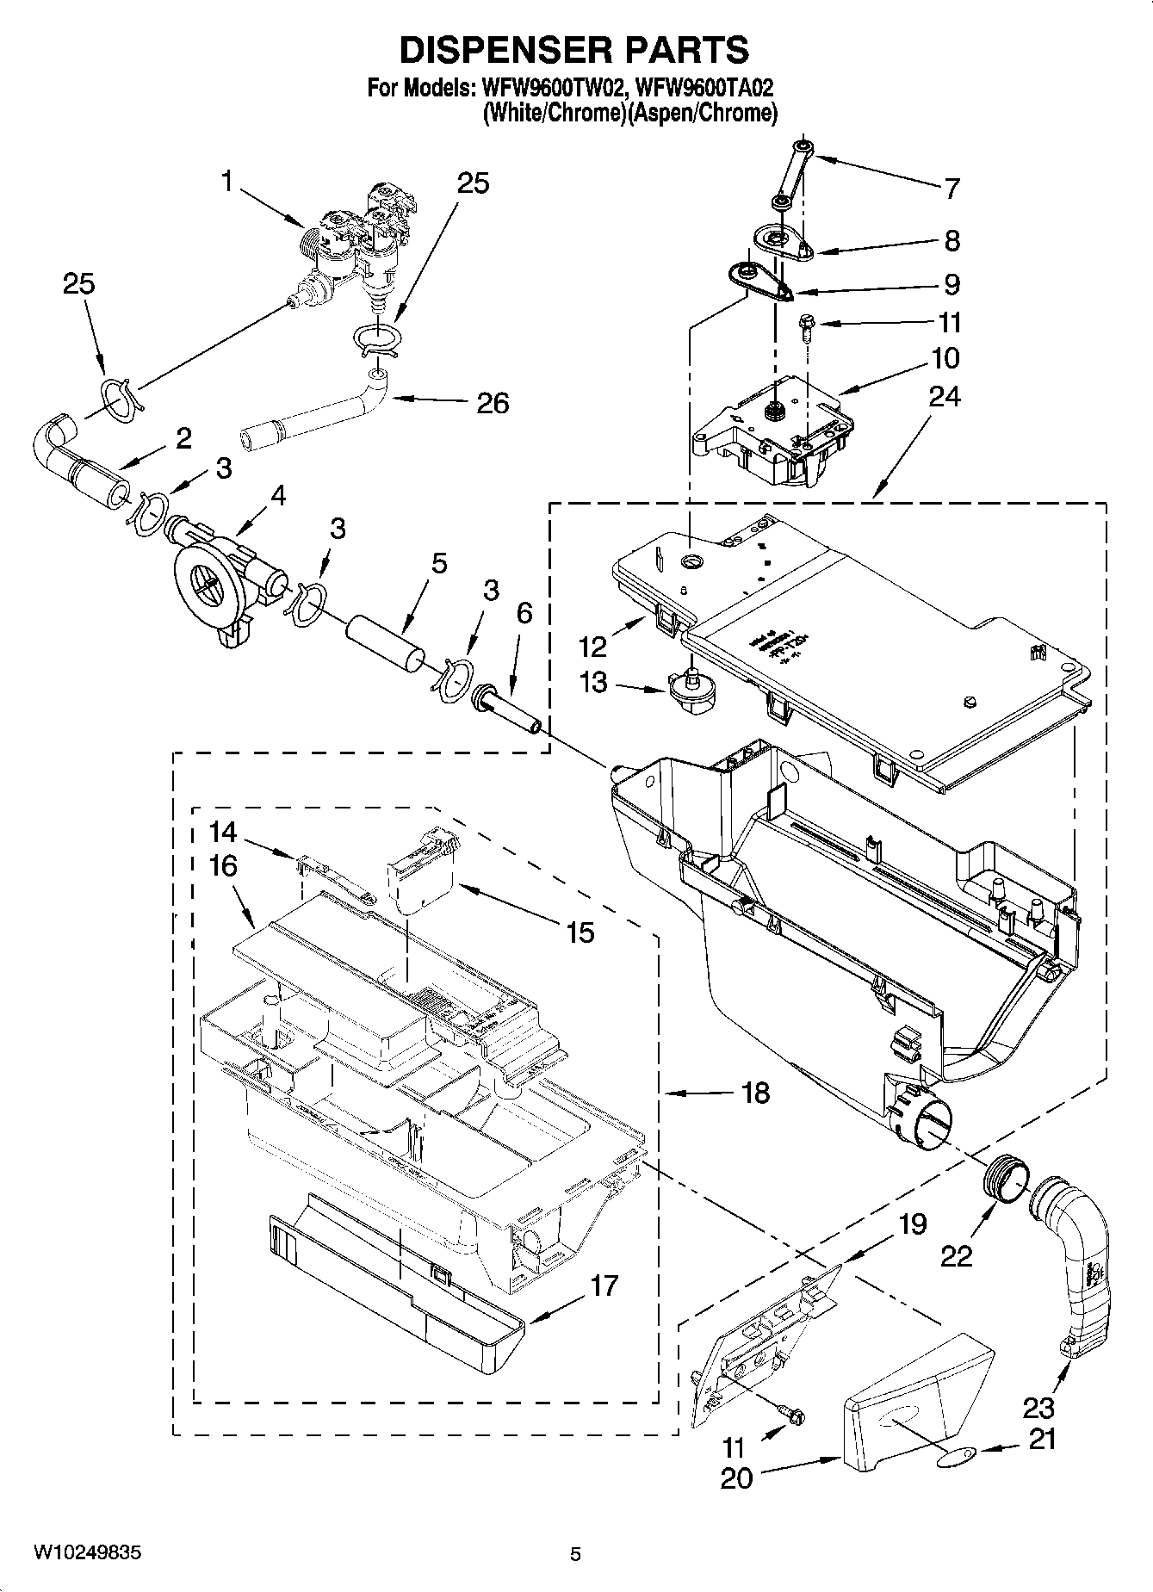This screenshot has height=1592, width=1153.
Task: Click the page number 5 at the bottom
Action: [575, 1554]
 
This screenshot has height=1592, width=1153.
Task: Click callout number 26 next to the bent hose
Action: [493, 402]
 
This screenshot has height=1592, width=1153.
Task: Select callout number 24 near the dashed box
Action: [945, 396]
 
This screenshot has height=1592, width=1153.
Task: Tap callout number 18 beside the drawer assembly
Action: [754, 1093]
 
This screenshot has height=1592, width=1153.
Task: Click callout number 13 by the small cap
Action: [592, 683]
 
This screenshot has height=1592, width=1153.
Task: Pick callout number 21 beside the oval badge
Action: [1042, 1438]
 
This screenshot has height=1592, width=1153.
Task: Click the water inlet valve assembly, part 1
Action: [362, 241]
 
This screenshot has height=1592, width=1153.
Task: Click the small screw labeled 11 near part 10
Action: [806, 326]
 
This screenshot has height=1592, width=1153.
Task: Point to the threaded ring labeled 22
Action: [1002, 1177]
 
